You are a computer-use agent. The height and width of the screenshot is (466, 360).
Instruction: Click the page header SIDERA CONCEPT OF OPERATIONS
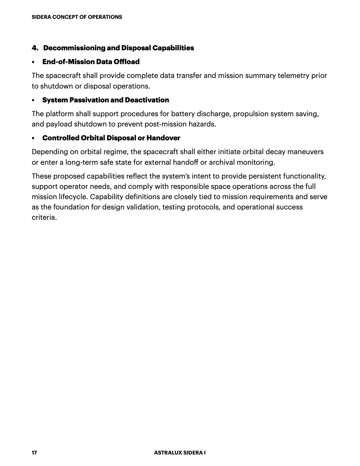point(77,17)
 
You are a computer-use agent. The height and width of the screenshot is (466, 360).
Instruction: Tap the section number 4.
point(35,48)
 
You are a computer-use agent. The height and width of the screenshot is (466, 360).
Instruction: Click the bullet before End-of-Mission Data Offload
point(34,62)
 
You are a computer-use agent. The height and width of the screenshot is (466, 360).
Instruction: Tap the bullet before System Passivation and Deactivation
point(34,100)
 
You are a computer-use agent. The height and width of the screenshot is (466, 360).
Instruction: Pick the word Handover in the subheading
point(163,138)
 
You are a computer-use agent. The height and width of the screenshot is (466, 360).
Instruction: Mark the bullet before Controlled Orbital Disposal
point(34,138)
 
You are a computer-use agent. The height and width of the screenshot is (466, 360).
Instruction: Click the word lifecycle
point(73,197)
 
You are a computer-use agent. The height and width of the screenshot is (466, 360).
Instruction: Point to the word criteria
point(44,217)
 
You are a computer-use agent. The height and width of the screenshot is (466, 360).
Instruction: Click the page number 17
point(34,453)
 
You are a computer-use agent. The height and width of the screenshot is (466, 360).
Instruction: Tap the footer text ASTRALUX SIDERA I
point(180,453)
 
